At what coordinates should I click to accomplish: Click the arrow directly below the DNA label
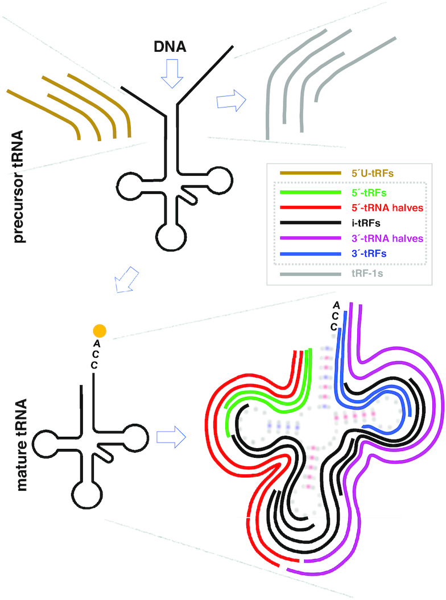174,74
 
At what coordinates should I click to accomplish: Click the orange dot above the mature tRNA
100,330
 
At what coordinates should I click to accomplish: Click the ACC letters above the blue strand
335,316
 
